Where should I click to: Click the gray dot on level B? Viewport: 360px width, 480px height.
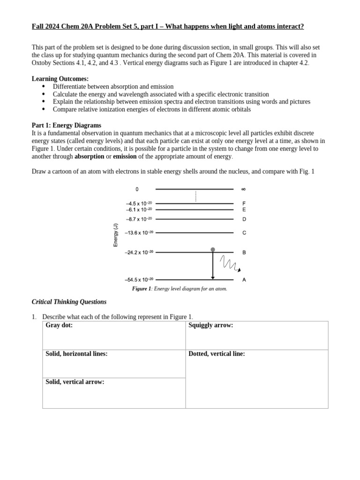point(213,250)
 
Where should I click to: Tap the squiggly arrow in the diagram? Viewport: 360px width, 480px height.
point(230,264)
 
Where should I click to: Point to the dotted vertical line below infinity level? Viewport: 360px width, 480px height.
point(195,196)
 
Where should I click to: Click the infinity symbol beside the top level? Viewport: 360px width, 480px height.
point(243,189)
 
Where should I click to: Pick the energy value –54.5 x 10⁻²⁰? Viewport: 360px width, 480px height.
point(139,280)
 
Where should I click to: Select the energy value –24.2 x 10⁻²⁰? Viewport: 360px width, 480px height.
point(139,252)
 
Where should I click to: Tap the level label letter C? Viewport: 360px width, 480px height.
point(244,232)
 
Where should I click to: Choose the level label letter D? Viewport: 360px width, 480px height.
point(244,219)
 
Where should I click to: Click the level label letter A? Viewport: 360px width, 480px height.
point(244,280)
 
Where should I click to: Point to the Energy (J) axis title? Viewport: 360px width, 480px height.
point(115,235)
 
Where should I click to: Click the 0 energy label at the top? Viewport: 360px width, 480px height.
point(137,189)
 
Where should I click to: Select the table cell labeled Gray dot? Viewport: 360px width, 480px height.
point(114,335)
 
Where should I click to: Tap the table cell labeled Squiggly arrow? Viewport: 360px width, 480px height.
point(257,335)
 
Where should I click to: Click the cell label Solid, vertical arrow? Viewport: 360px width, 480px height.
point(75,382)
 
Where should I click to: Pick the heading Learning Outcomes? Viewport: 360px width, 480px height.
point(60,79)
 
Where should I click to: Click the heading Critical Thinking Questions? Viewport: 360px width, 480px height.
point(69,302)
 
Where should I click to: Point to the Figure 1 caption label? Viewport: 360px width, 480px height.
point(142,289)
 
